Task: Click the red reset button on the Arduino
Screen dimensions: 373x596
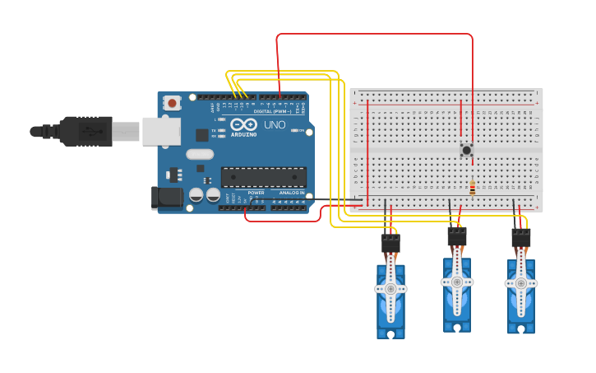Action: (x=173, y=103)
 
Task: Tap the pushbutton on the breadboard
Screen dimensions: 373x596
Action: (x=467, y=150)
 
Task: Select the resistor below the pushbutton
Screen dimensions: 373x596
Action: (x=472, y=189)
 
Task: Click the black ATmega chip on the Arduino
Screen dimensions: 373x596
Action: (x=263, y=176)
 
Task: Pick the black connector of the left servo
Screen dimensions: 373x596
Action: (x=390, y=244)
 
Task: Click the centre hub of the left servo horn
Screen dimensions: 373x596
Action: (x=390, y=289)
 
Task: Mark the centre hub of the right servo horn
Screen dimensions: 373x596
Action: (x=520, y=284)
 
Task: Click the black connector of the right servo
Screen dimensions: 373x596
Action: (x=521, y=238)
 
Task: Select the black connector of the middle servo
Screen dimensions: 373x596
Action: (x=457, y=236)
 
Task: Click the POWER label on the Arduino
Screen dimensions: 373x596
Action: (x=256, y=193)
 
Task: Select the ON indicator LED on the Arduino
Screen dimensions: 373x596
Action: (x=303, y=131)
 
